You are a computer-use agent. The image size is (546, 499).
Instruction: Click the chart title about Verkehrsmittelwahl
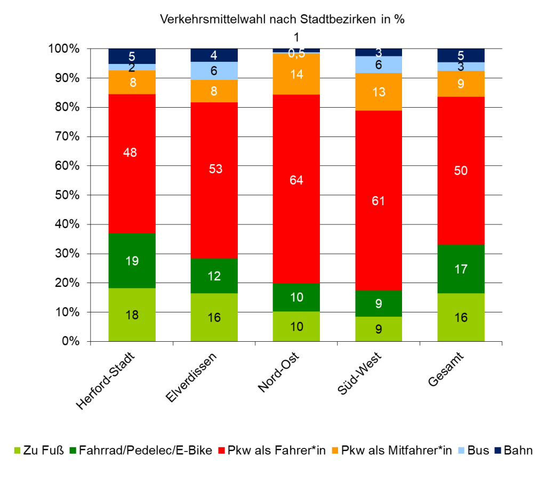point(283,20)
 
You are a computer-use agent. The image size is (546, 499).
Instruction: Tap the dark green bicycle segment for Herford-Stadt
point(132,261)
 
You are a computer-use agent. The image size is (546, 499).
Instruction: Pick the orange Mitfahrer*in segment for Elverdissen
point(214,91)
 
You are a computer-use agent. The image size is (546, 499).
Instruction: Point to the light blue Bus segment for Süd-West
point(379,65)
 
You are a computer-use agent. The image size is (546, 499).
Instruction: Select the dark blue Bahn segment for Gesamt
point(461,55)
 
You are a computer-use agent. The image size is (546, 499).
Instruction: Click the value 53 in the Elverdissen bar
point(214,169)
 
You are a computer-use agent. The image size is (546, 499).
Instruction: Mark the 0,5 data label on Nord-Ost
point(296,54)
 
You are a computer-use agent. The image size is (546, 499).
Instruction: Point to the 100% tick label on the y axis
point(66,49)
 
